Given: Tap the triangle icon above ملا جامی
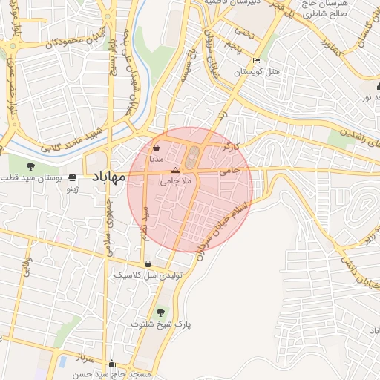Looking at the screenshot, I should coord(175,170).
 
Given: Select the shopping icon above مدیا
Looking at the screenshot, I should coord(154,148).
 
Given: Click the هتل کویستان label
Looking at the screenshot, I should coord(256,72).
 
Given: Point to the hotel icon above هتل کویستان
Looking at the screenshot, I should coord(256,61).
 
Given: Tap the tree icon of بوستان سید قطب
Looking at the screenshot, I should coord(30,166).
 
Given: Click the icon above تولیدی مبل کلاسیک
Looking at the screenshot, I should coord(148,263).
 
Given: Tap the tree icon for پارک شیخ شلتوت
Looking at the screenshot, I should coord(161,311).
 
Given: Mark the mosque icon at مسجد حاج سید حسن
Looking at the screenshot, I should coord(111,363).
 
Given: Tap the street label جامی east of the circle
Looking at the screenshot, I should coord(231,170).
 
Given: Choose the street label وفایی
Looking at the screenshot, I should coord(27,267).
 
